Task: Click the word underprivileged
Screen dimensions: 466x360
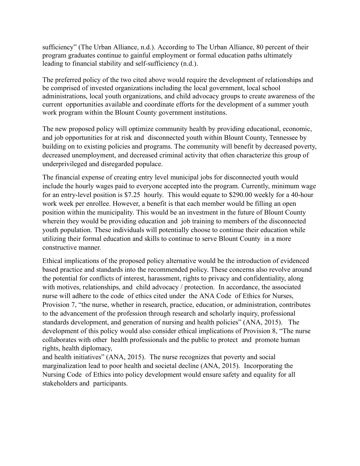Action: [63, 164]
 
